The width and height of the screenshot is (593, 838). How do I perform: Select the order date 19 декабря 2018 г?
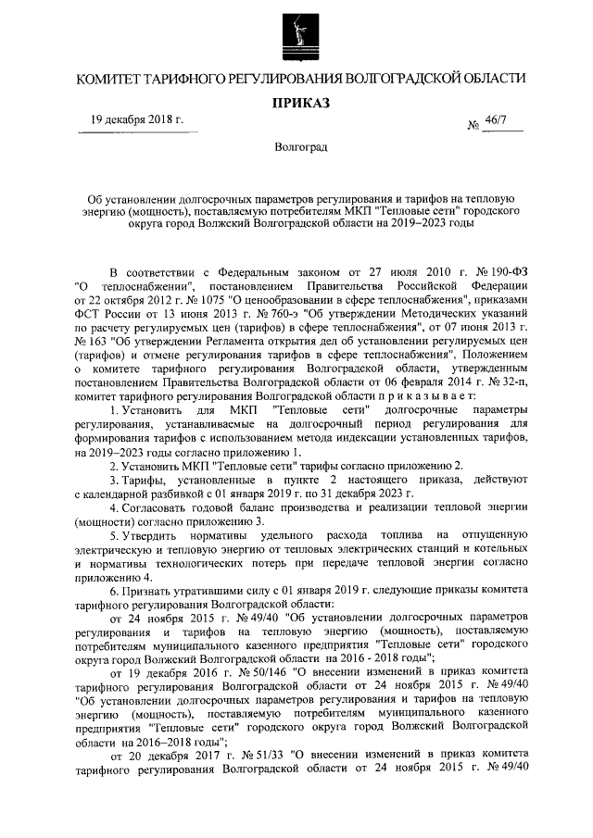point(136,120)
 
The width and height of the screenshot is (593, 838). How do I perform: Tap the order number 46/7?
point(509,120)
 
